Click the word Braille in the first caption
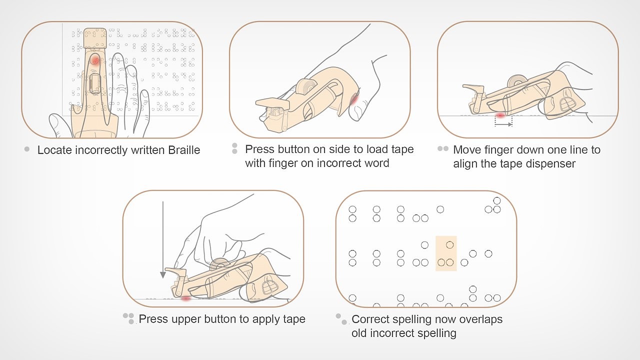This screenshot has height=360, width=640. pos(184,150)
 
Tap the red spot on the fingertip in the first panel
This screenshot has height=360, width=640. pos(95,60)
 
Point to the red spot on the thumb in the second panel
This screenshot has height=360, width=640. pos(354,99)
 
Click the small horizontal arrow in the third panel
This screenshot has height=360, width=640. pos(503,124)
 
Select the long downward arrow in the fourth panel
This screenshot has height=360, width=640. pos(163,239)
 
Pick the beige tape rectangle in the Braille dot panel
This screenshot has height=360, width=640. pos(446,253)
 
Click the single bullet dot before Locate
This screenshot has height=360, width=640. pos(27,149)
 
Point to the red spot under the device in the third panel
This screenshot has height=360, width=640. pos(500,115)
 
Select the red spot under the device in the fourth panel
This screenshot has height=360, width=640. pos(186,298)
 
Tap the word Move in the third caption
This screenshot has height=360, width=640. pos(464,150)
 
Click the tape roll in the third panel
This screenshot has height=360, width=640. pos(517,80)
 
